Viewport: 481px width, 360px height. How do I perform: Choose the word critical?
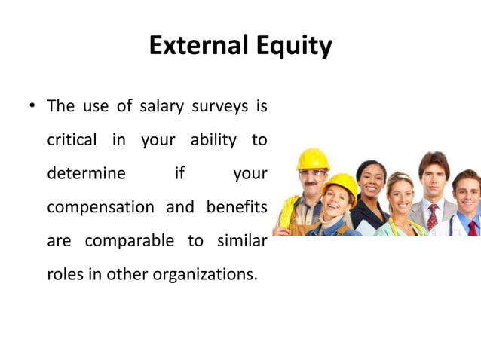pyautogui.click(x=71, y=140)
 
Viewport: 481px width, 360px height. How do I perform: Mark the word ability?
pyautogui.click(x=210, y=140)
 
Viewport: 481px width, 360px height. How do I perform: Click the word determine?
pyautogui.click(x=86, y=173)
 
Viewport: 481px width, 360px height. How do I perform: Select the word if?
pyautogui.click(x=179, y=173)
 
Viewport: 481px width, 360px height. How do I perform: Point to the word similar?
pyautogui.click(x=242, y=240)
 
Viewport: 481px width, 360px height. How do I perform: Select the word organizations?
pyautogui.click(x=204, y=273)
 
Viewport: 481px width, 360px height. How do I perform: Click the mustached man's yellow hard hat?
pyautogui.click(x=311, y=159)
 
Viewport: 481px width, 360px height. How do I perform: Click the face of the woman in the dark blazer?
pyautogui.click(x=371, y=182)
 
